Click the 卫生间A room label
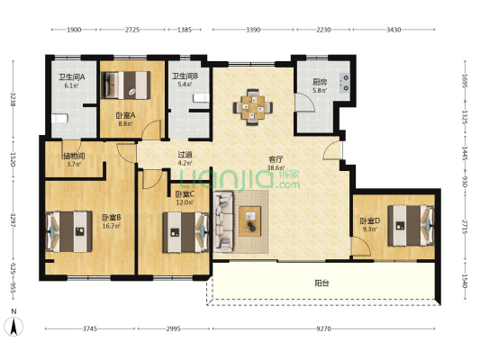[x=72, y=77]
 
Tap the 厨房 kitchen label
[x=320, y=82]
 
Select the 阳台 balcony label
[x=322, y=283]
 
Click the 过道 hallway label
[x=186, y=155]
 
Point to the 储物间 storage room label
[x=74, y=156]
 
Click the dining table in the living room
[x=252, y=107]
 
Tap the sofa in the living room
[x=223, y=221]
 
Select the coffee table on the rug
[x=250, y=221]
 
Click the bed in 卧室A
[x=126, y=85]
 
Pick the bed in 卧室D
[x=412, y=226]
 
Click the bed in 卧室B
[x=68, y=231]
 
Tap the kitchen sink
[x=345, y=83]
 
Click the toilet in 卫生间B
[x=201, y=98]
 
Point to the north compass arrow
[x=14, y=327]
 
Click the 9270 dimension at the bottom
[x=323, y=328]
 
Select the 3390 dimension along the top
[x=253, y=30]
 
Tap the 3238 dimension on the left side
[x=14, y=99]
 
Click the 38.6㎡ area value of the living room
[x=276, y=167]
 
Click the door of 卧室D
[x=361, y=247]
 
